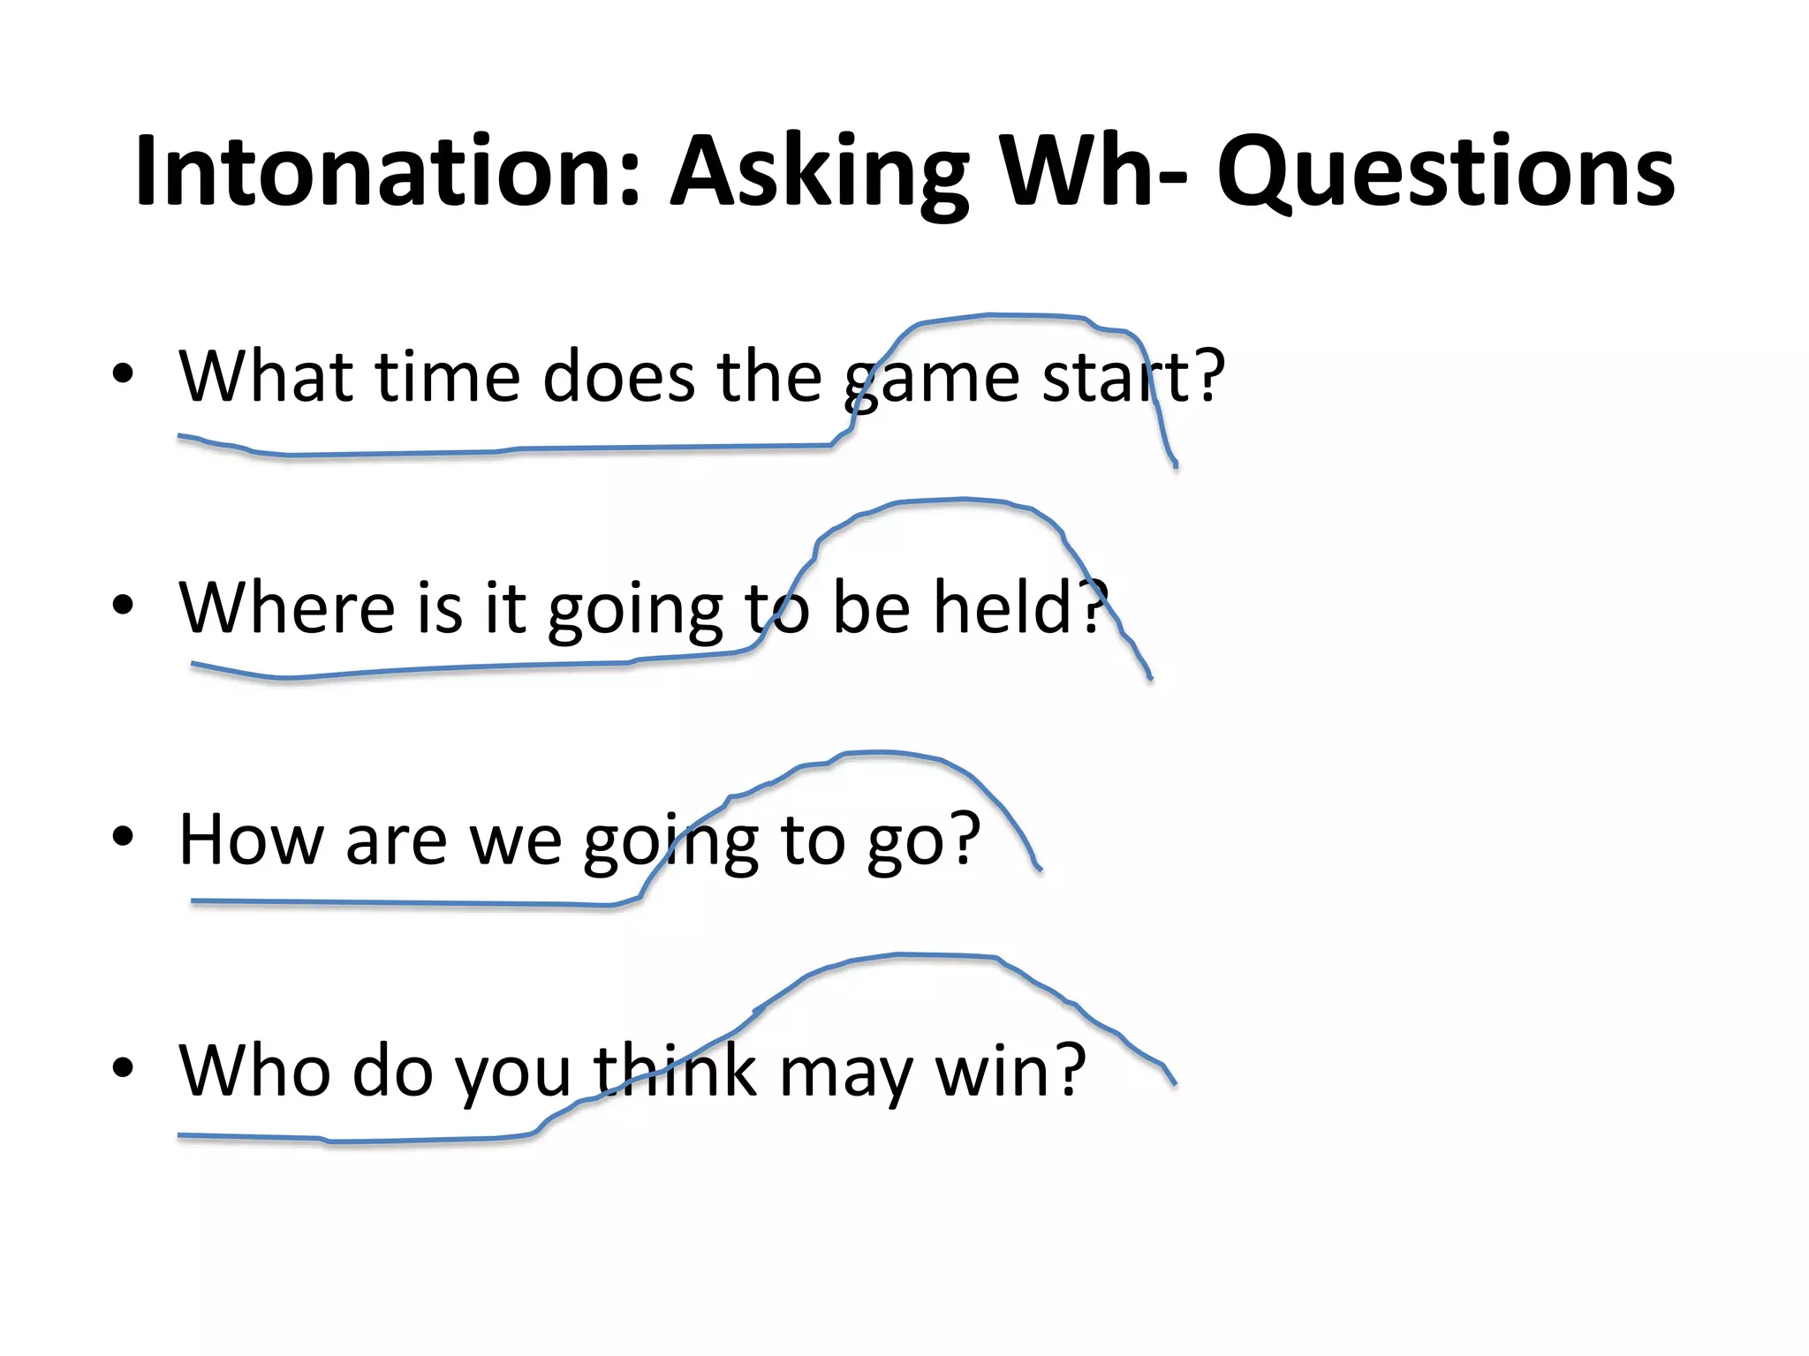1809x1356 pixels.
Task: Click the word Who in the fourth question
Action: [254, 1070]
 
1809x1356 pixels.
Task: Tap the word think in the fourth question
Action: [675, 1070]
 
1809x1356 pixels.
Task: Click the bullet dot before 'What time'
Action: [123, 373]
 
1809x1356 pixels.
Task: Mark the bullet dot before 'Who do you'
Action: [123, 1067]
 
